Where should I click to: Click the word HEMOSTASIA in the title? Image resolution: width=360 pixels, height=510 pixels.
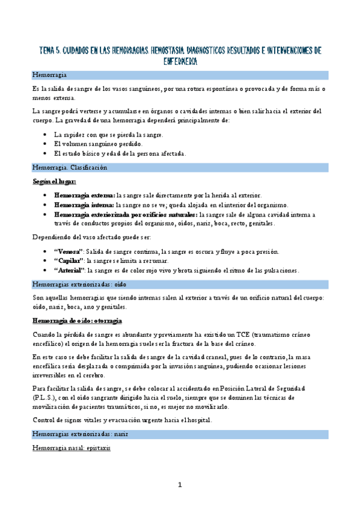pyautogui.click(x=157, y=50)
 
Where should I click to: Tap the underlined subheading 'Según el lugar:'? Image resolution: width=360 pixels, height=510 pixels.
pyautogui.click(x=54, y=181)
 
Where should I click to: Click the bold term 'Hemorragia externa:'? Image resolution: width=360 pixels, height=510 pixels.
pyautogui.click(x=84, y=195)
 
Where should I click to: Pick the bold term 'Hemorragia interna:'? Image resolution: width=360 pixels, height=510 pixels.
pyautogui.click(x=84, y=205)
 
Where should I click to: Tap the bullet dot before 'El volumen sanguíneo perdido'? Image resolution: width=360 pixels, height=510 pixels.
pyautogui.click(x=46, y=144)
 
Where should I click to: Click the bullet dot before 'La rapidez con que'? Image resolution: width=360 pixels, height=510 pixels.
pyautogui.click(x=46, y=135)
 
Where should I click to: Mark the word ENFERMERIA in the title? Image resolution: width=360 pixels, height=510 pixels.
pyautogui.click(x=180, y=61)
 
